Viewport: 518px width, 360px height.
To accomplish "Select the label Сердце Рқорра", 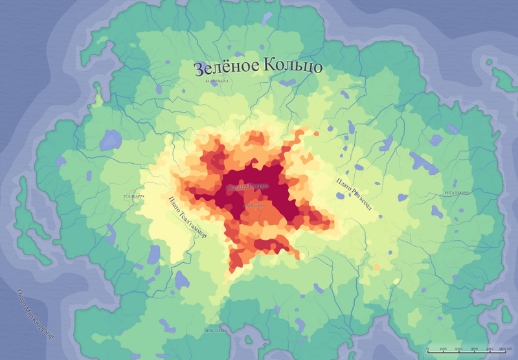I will click(x=247, y=186).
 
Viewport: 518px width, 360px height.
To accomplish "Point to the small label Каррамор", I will click(x=253, y=205).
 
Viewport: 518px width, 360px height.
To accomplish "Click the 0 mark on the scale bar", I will click(x=427, y=350).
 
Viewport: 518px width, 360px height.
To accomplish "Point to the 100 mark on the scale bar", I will click(x=443, y=350).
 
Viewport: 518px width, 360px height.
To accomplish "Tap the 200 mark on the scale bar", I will click(x=458, y=350).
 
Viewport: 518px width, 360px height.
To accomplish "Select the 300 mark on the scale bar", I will click(x=474, y=350).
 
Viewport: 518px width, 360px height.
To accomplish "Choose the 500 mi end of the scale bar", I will click(x=504, y=350).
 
